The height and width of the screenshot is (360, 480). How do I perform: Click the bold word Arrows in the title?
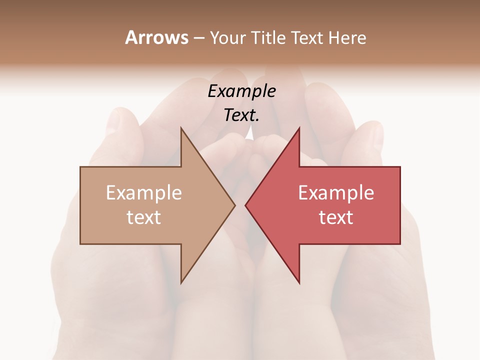click(156, 37)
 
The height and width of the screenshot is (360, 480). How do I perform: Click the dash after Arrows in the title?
click(199, 38)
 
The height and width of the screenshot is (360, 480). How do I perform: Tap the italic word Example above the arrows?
click(241, 91)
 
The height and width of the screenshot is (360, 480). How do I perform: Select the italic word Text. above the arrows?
click(240, 115)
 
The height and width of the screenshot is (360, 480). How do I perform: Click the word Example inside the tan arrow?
click(143, 193)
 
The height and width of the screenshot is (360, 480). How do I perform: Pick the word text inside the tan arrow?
click(143, 217)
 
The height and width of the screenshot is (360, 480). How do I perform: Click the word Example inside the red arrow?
click(336, 193)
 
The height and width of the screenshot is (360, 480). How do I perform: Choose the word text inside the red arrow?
click(336, 217)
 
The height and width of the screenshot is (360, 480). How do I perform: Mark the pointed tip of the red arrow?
click(246, 205)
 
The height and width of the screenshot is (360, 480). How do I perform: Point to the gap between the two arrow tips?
click(240, 205)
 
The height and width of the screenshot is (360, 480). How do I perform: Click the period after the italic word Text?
click(257, 120)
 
